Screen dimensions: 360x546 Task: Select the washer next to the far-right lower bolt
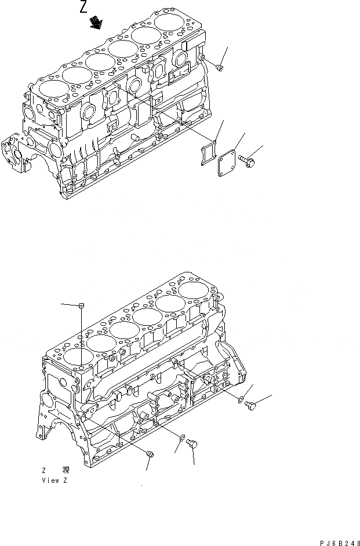coord(239,398)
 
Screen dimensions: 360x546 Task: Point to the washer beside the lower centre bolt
coord(183,439)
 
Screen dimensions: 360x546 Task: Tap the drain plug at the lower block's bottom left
coord(150,457)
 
